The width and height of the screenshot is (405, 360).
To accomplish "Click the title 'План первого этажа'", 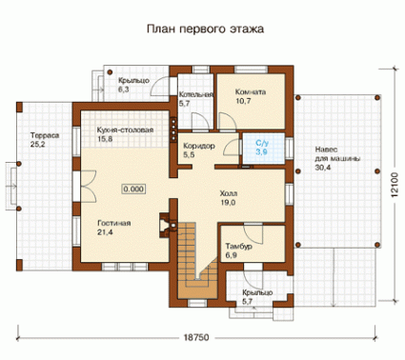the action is pyautogui.click(x=205, y=30).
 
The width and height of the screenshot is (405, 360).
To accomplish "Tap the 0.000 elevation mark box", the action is pyautogui.click(x=133, y=190).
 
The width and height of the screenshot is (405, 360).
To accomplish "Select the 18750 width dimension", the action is pyautogui.click(x=196, y=337).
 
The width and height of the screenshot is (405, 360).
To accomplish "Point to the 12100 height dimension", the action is pyautogui.click(x=395, y=185).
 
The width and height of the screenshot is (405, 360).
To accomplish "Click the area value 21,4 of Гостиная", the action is pyautogui.click(x=105, y=232).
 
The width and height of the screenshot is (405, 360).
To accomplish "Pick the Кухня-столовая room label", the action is pyautogui.click(x=125, y=130).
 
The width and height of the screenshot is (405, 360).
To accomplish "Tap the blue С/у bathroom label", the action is pyautogui.click(x=262, y=143).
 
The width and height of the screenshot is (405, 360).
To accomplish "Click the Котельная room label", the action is pyautogui.click(x=195, y=94).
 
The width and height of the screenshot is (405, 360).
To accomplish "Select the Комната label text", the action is pyautogui.click(x=251, y=92).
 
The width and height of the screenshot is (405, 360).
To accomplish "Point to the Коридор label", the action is pyautogui.click(x=199, y=146).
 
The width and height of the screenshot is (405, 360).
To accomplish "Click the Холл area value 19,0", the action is pyautogui.click(x=228, y=203).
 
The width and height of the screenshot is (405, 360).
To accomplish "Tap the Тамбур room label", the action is pyautogui.click(x=239, y=247).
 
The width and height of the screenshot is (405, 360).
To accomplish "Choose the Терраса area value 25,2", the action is pyautogui.click(x=38, y=145).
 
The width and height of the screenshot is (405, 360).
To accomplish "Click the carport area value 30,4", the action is pyautogui.click(x=323, y=168).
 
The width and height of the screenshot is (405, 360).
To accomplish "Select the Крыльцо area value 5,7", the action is pyautogui.click(x=247, y=301).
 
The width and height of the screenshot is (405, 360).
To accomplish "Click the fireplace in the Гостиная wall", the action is pyautogui.click(x=165, y=225).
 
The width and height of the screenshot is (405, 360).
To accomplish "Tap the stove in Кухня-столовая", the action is pyautogui.click(x=173, y=130).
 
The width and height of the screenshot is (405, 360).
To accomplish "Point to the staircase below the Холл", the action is pyautogui.click(x=197, y=260).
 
